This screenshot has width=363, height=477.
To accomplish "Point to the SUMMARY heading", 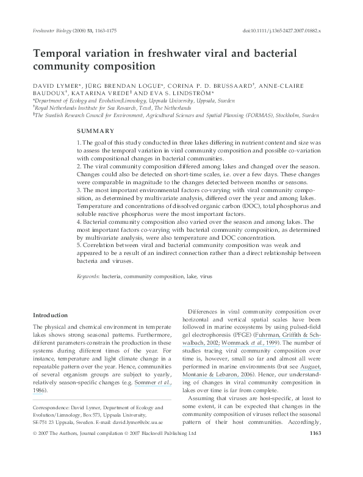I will pyautogui.click(x=96, y=131).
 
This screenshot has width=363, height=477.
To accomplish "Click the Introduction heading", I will pyautogui.click(x=50, y=315).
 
